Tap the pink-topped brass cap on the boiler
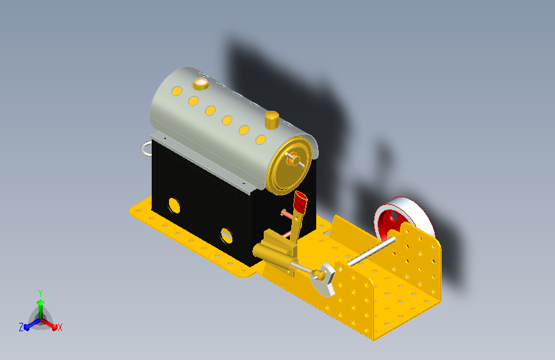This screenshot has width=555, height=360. click(201, 84)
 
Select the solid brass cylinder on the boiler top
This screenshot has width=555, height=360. click(272, 120)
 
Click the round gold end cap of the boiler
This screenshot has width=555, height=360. click(289, 165)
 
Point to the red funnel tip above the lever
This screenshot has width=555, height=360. click(300, 201)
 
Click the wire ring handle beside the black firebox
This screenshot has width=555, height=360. click(146, 148)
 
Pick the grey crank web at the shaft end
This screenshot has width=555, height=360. click(324, 279)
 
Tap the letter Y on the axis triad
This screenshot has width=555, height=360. click(40, 293)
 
